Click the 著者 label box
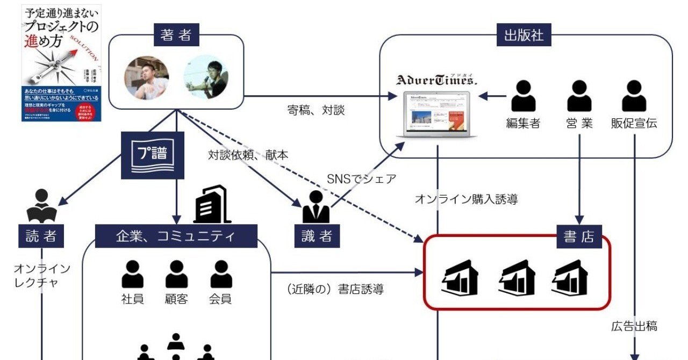pyautogui.click(x=176, y=36)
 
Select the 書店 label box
pyautogui.click(x=578, y=237)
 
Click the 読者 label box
pyautogui.click(x=41, y=237)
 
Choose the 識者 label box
pyautogui.click(x=317, y=237)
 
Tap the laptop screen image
pyautogui.click(x=436, y=114)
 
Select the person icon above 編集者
pyautogui.click(x=523, y=97)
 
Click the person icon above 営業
pyautogui.click(x=579, y=97)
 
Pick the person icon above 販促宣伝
pyautogui.click(x=634, y=97)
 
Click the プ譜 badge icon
pyautogui.click(x=153, y=156)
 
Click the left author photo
pyautogui.click(x=147, y=77)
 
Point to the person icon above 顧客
pyautogui.click(x=176, y=275)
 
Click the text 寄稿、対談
pyautogui.click(x=316, y=111)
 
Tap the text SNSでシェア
pyautogui.click(x=361, y=178)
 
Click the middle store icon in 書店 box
pyautogui.click(x=517, y=278)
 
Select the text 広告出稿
pyautogui.click(x=634, y=326)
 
